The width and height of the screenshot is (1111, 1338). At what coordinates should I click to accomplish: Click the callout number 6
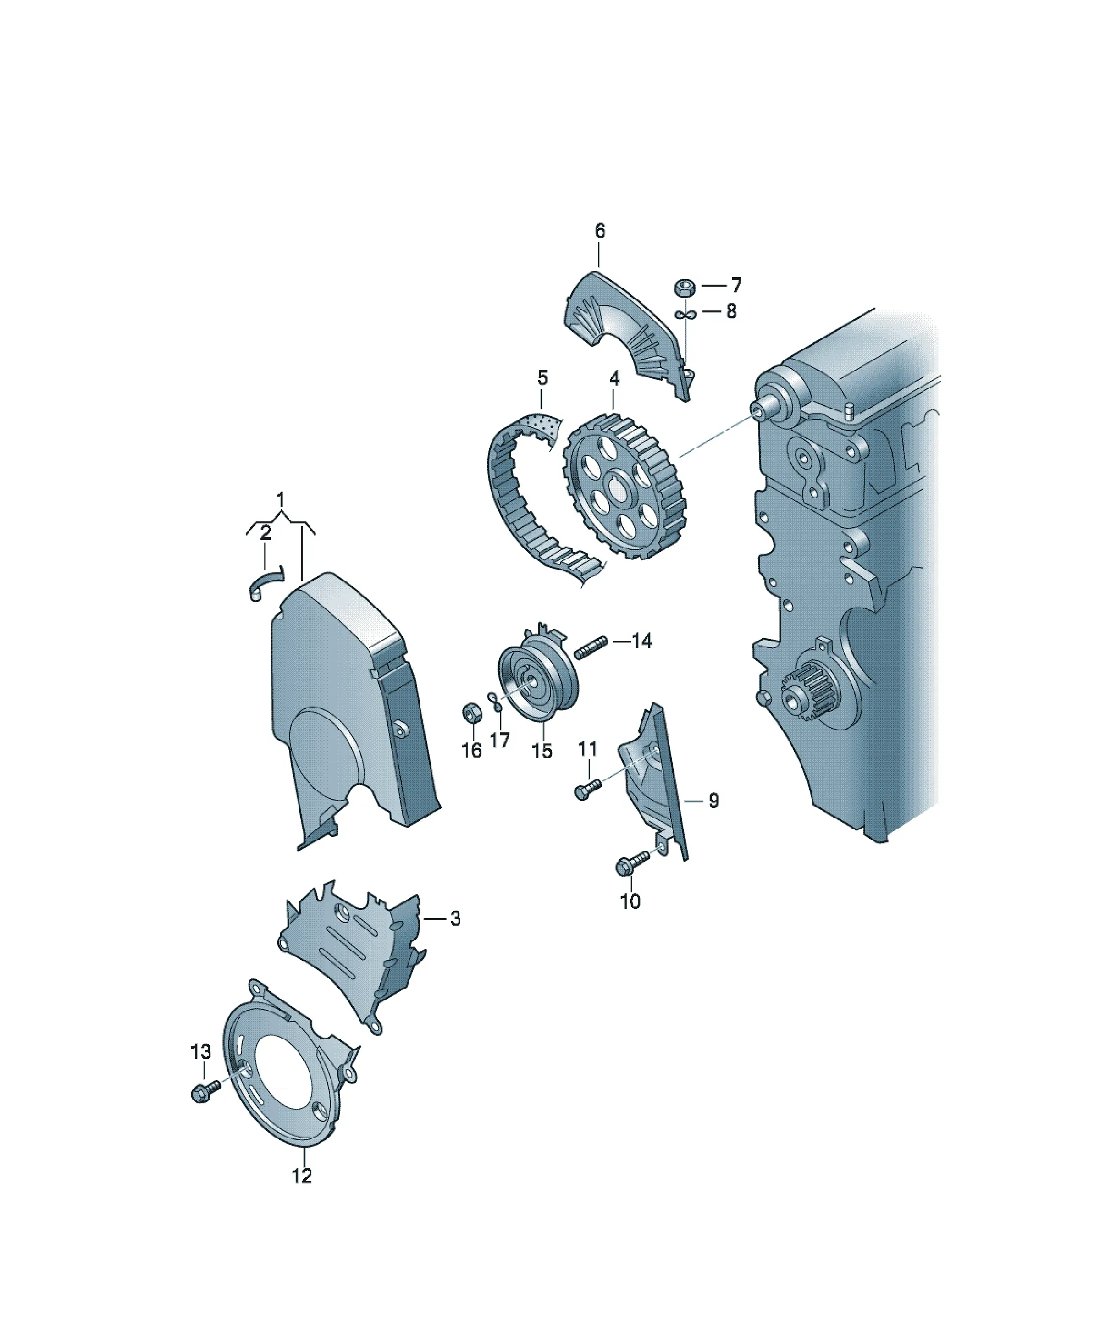(x=599, y=231)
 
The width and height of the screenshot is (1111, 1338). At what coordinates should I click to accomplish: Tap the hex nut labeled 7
(x=684, y=287)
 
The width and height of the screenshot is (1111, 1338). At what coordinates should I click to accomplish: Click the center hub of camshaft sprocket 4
(x=617, y=489)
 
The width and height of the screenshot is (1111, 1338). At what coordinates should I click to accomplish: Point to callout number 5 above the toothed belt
(x=542, y=378)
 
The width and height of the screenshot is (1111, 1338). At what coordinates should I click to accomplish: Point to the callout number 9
(x=713, y=801)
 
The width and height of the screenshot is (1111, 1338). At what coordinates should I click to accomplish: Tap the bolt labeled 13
(x=205, y=1091)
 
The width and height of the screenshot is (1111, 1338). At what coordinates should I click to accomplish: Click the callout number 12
(x=302, y=1175)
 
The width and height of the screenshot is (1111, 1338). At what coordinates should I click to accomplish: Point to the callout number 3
(x=455, y=918)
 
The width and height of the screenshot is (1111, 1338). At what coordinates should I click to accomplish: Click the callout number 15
(x=542, y=751)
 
